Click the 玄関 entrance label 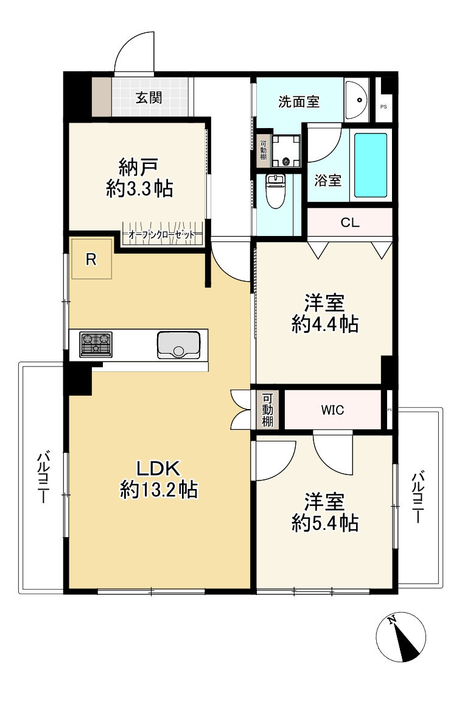tap(149, 98)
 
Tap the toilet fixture tap(275, 191)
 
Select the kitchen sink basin tap(178, 344)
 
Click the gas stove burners tap(96, 344)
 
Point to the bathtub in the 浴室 tap(371, 165)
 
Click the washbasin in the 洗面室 tap(357, 100)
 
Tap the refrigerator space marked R tap(92, 259)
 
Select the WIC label tap(332, 410)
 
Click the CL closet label tap(350, 223)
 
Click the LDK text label tap(158, 468)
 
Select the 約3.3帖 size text tap(139, 188)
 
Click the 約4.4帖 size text tap(325, 323)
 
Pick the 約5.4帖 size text tap(325, 523)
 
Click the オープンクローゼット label tap(162, 235)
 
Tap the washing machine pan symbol tap(287, 150)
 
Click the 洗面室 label tap(299, 102)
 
